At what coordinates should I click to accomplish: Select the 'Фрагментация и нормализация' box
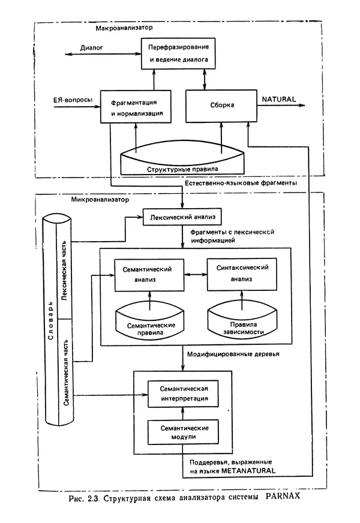[137, 106]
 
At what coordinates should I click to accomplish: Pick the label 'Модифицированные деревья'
[226, 354]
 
